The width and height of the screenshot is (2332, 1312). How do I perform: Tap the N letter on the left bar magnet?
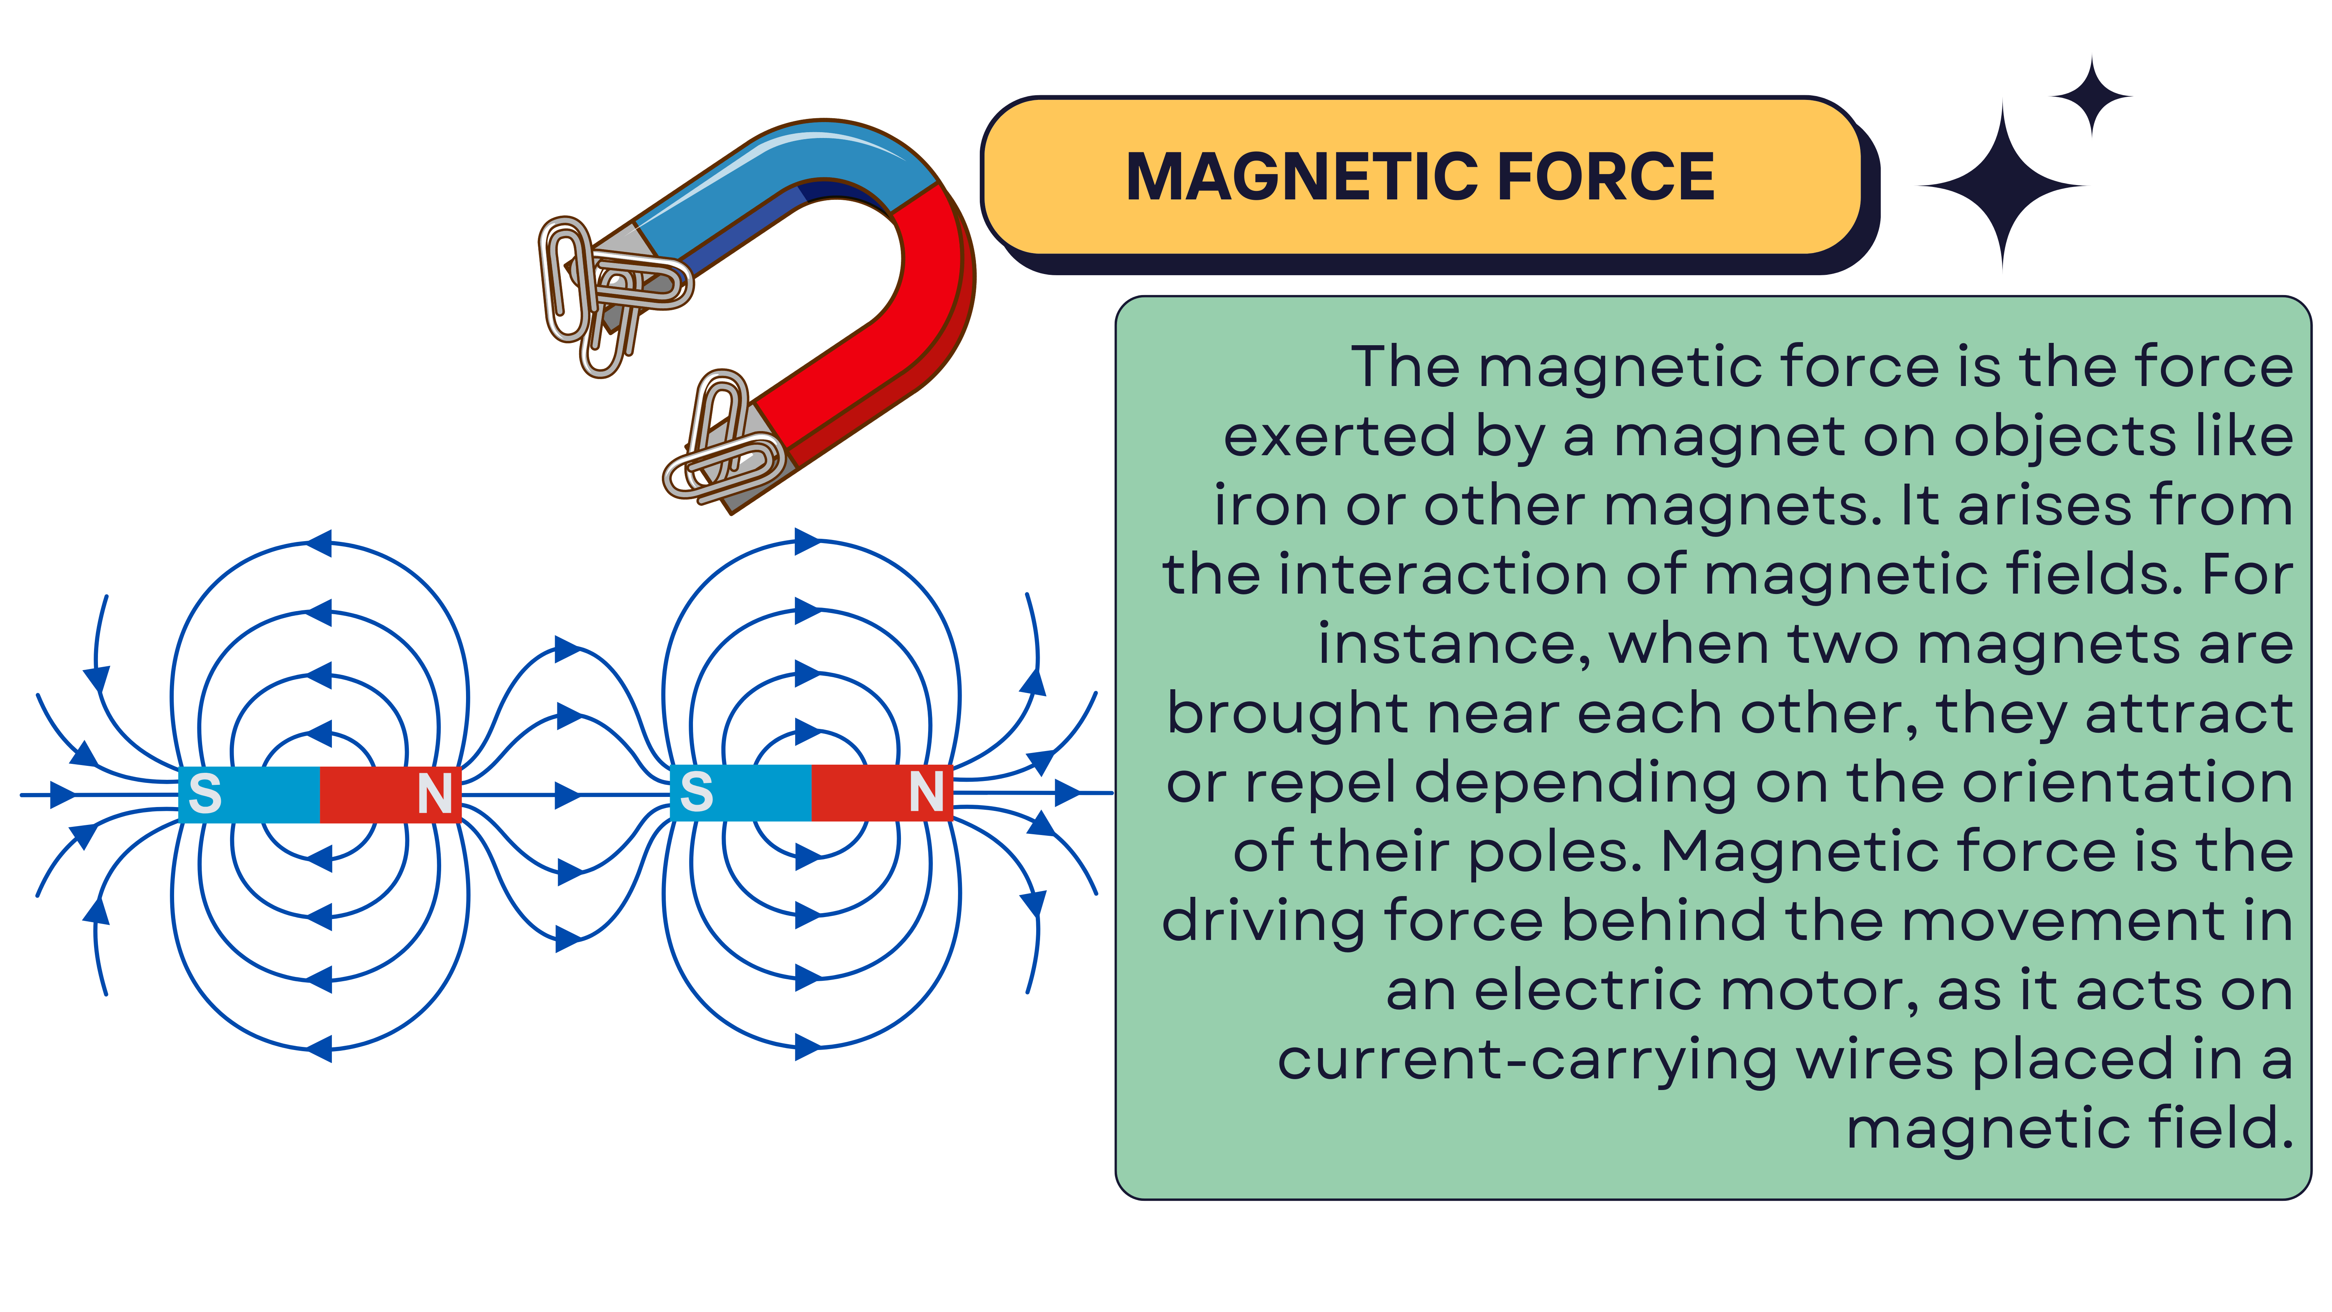[435, 794]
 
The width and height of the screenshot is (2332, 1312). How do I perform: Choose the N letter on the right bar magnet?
[926, 792]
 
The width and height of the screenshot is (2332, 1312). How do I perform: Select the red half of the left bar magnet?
[390, 794]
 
